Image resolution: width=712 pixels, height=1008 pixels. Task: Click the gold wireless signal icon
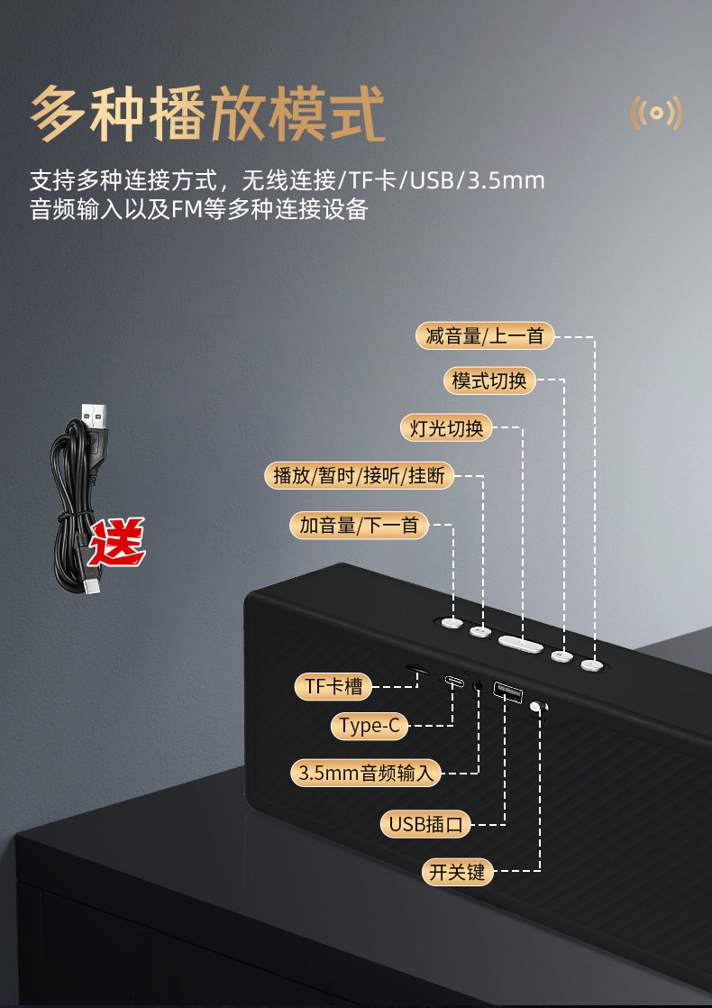[655, 114]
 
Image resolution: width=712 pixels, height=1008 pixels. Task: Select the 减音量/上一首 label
[485, 336]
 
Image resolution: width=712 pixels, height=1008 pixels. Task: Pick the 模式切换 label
[489, 380]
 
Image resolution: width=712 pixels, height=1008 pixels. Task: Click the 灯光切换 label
[447, 427]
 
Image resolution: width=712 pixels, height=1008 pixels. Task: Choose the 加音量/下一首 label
[360, 525]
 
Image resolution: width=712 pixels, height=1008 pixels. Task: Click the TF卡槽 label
[333, 687]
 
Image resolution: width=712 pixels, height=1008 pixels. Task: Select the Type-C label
[370, 726]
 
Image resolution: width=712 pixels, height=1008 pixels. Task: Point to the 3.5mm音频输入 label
[366, 773]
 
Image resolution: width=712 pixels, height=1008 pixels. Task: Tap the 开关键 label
[458, 872]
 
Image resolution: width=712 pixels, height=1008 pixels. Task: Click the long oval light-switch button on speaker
[521, 643]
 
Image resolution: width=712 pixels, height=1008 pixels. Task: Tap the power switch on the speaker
[538, 709]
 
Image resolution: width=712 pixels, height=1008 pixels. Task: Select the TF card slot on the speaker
[415, 669]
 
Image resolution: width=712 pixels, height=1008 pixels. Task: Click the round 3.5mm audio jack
[477, 686]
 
